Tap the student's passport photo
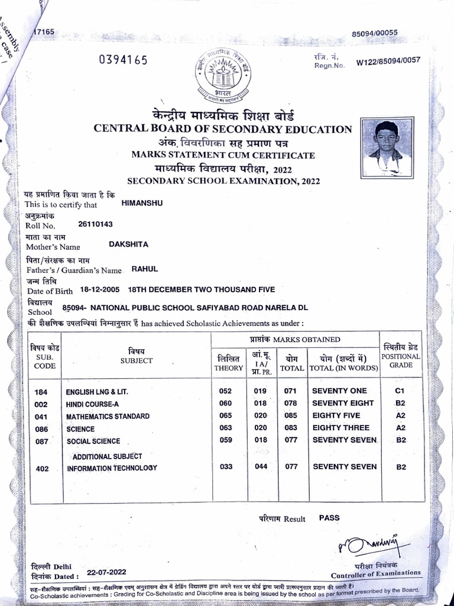(x=387, y=148)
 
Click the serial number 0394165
(x=123, y=60)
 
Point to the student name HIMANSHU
(x=141, y=203)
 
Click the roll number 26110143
(x=95, y=224)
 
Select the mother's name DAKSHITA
(x=129, y=244)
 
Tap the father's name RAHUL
(x=145, y=269)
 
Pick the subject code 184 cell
(x=41, y=392)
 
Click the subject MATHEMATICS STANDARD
(x=108, y=416)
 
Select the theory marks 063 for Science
(x=225, y=428)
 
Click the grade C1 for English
(x=401, y=391)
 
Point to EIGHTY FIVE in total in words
(x=340, y=415)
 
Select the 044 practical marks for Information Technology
(x=260, y=467)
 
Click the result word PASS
(x=329, y=517)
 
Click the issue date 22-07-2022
(x=106, y=573)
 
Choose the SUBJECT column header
(x=137, y=360)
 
